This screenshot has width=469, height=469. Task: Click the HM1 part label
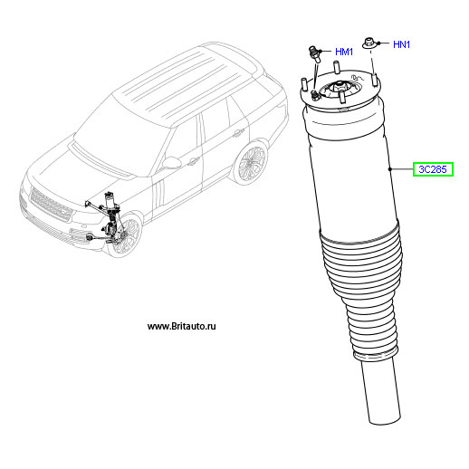(344, 52)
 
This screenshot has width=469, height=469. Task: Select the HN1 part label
(401, 44)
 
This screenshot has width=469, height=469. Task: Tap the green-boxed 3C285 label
(433, 169)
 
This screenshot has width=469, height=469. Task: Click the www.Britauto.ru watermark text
(182, 326)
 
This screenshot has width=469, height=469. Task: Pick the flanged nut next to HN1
(368, 43)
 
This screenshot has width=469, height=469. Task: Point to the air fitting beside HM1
(314, 53)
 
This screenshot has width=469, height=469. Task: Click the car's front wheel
(127, 235)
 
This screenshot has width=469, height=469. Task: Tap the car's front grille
(51, 205)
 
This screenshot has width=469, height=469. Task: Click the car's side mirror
(171, 163)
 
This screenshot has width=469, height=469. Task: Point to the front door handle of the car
(193, 162)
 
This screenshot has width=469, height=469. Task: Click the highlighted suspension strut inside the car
(112, 217)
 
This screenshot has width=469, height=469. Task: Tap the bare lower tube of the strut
(382, 392)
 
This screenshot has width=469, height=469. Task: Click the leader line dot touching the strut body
(390, 169)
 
